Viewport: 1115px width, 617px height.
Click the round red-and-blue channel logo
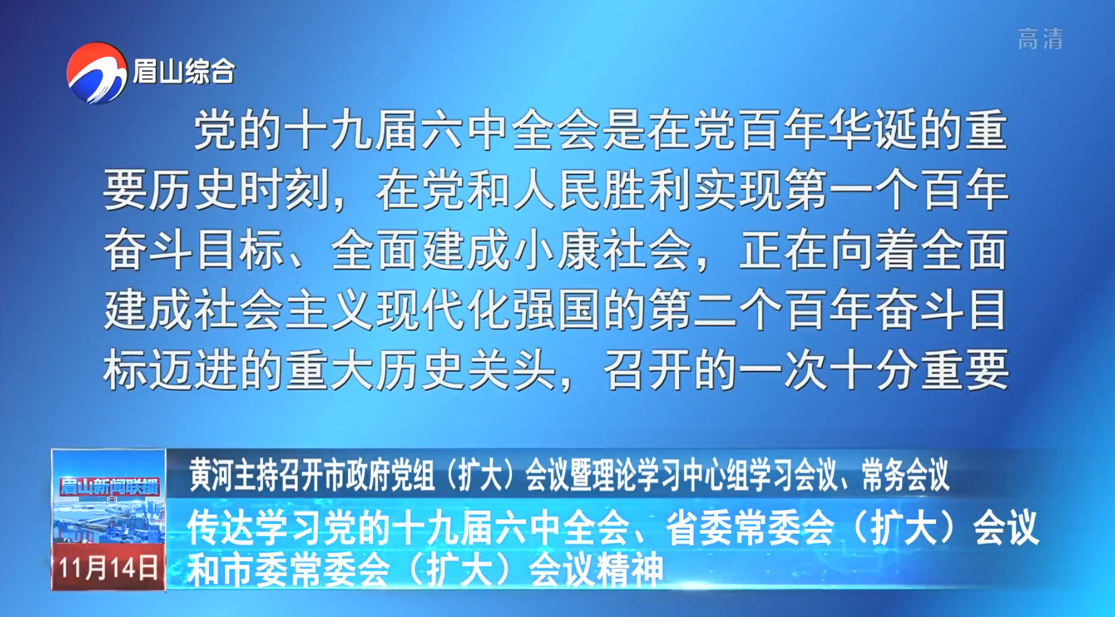(96, 73)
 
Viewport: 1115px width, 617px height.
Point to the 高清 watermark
(1040, 39)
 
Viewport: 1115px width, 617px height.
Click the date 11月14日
(108, 568)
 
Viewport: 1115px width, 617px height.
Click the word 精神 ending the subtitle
(630, 570)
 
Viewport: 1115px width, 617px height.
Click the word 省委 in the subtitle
(698, 528)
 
